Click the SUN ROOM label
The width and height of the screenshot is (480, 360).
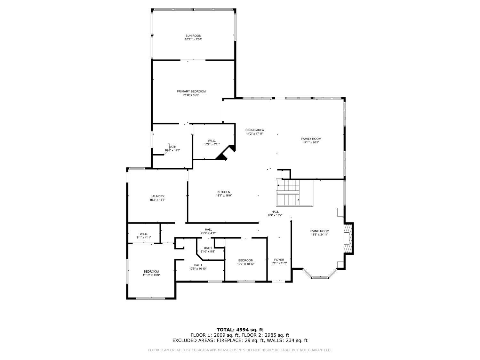point(193,36)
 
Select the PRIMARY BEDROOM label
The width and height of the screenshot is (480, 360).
point(191,91)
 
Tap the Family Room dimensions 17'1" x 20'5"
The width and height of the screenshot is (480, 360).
point(311,142)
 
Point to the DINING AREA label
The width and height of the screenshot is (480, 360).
point(254,130)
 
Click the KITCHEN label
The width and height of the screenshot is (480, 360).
point(224,192)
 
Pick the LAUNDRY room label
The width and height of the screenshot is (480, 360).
point(157,196)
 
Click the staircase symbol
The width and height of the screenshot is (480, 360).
point(288,193)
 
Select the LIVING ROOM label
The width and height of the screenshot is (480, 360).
point(319,231)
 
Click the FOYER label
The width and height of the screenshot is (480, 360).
point(279,260)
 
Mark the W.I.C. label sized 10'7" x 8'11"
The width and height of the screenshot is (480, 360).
point(212,144)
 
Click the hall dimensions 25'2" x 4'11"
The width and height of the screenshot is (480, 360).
point(209,233)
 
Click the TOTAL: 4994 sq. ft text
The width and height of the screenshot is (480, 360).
point(240,329)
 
